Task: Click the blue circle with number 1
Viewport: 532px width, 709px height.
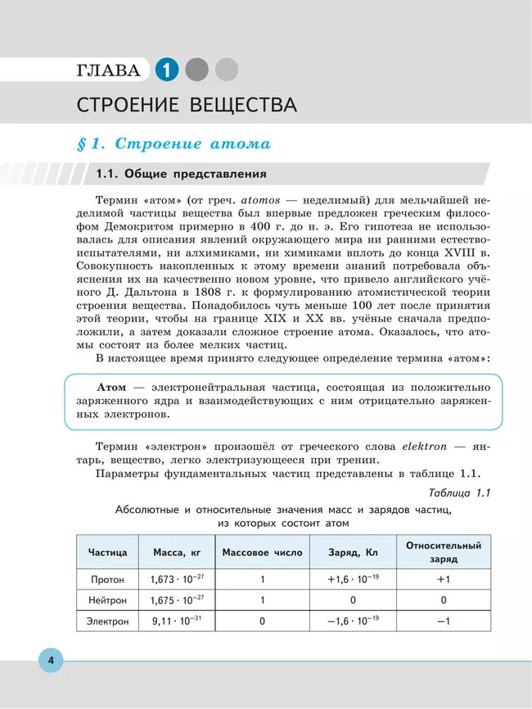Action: [x=166, y=70]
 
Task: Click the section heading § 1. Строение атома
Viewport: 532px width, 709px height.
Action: [x=173, y=144]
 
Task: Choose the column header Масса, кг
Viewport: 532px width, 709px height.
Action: [x=177, y=552]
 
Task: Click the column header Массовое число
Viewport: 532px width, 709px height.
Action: [x=262, y=552]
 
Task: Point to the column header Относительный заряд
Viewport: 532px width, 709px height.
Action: [x=443, y=552]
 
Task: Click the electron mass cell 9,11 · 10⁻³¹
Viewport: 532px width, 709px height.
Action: [x=177, y=621]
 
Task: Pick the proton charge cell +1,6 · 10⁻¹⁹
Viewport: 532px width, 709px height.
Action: [x=352, y=579]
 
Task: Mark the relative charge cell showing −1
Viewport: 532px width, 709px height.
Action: [x=443, y=621]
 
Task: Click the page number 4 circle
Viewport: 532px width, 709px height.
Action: [x=50, y=661]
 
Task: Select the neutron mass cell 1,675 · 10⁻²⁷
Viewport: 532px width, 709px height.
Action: [x=177, y=600]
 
